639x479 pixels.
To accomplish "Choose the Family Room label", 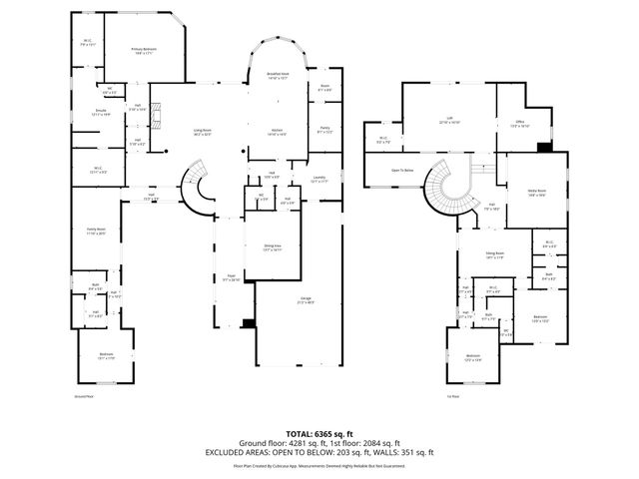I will pyautogui.click(x=96, y=231).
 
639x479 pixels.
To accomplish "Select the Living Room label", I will pyautogui.click(x=203, y=131).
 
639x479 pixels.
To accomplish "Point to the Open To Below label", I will pyautogui.click(x=403, y=171).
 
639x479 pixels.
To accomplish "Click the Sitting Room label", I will pyautogui.click(x=493, y=254).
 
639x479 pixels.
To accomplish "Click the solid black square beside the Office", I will pyautogui.click(x=543, y=147).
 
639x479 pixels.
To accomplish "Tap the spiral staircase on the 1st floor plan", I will pyautogui.click(x=443, y=186).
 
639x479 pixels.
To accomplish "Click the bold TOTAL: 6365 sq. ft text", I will pyautogui.click(x=319, y=433).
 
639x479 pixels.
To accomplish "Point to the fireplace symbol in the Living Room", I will pyautogui.click(x=155, y=121).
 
